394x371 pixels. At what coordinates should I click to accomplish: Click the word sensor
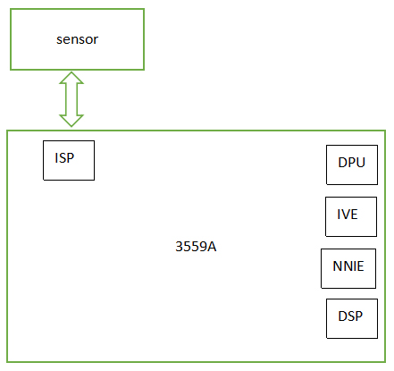tap(77, 39)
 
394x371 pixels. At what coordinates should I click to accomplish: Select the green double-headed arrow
tap(71, 99)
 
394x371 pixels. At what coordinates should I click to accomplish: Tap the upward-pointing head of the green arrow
tap(71, 78)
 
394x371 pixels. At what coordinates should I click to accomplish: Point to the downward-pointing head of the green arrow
tap(71, 121)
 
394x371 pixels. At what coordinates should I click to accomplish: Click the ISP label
tap(64, 158)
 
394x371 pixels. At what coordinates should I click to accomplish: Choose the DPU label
tap(351, 163)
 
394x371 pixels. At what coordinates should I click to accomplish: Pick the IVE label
tap(348, 215)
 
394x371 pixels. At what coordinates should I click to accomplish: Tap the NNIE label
tap(348, 266)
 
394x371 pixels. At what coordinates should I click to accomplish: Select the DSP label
tap(350, 316)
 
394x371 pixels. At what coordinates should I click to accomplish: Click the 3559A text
tap(196, 247)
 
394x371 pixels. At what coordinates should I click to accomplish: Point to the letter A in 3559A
tap(212, 247)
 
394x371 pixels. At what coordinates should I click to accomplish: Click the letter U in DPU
tap(360, 163)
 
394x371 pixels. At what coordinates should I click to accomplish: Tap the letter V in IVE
tap(346, 215)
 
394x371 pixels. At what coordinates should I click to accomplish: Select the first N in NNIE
tap(338, 266)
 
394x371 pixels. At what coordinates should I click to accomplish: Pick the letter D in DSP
tap(343, 316)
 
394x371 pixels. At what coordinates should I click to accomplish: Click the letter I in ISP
tap(56, 158)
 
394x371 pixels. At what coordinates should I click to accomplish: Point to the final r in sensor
tap(96, 40)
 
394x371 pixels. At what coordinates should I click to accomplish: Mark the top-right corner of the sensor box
tap(144, 9)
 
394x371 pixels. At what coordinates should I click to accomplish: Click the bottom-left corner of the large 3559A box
tap(7, 362)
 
